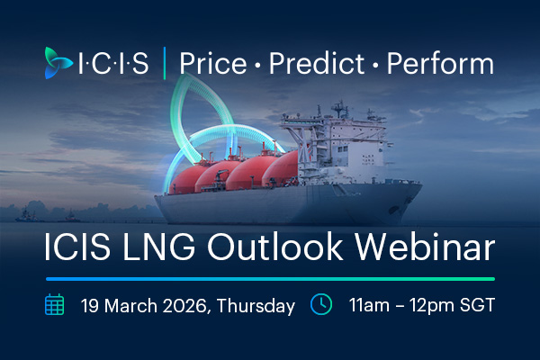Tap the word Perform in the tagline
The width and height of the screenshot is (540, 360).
[440, 64]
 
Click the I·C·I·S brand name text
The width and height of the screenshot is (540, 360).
[113, 64]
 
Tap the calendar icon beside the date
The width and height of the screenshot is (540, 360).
[56, 304]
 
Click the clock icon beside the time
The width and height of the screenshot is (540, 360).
[321, 304]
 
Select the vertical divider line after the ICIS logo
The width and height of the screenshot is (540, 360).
[164, 64]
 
